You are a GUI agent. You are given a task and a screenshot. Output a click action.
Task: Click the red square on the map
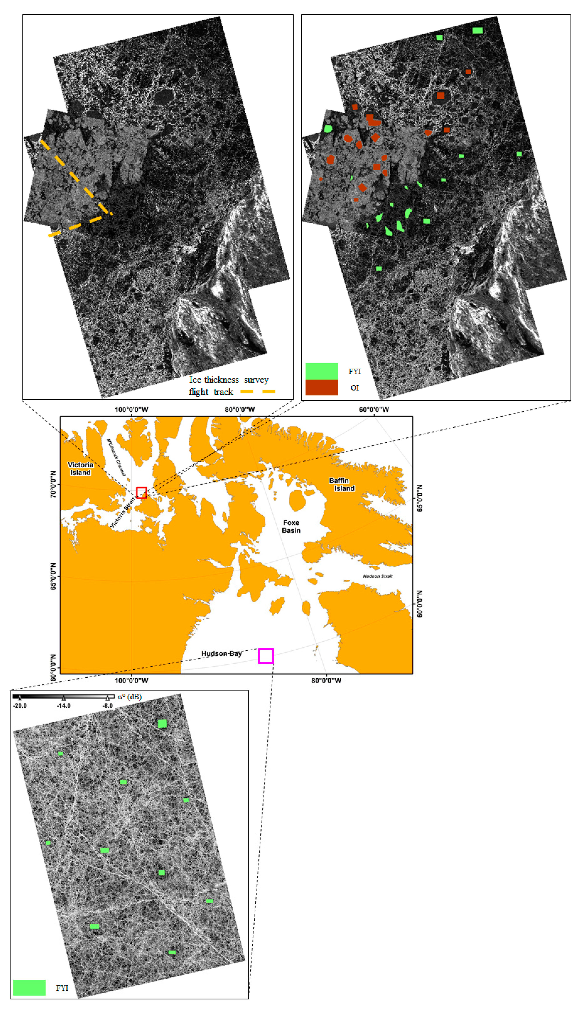coord(141,493)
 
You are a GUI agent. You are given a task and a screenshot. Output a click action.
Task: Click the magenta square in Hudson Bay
coord(266,656)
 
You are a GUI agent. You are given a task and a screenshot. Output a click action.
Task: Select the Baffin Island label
coord(342,484)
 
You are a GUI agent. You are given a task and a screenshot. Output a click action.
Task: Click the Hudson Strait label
coord(377,576)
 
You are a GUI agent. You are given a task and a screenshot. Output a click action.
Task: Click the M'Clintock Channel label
coord(116,457)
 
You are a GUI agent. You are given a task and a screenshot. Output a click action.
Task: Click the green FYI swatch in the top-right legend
coord(322,371)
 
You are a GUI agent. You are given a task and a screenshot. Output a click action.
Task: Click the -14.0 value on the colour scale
coord(63,706)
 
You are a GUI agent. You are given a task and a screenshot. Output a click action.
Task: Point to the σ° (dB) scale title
coord(130,696)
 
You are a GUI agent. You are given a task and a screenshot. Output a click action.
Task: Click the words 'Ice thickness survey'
coord(229,380)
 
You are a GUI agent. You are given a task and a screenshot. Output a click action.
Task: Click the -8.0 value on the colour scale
coord(107,706)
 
